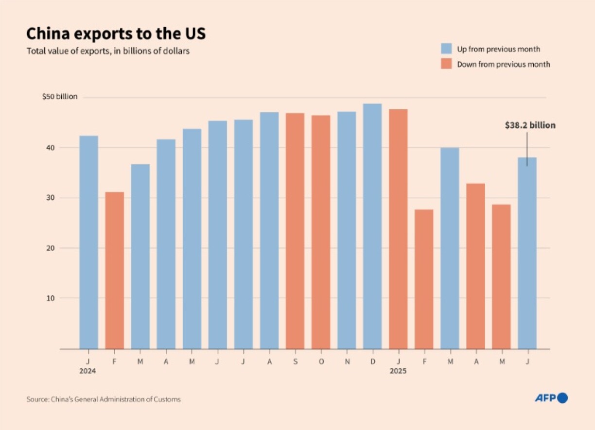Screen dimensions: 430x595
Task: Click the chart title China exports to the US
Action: pos(116,34)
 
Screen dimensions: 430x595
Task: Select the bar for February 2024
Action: pos(114,270)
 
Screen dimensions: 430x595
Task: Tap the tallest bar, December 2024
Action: pos(372,226)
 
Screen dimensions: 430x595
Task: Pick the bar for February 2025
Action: pos(424,279)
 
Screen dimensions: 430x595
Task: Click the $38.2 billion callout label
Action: pos(530,125)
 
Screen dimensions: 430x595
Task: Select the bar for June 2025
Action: pos(527,253)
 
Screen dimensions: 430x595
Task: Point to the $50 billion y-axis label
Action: pos(60,97)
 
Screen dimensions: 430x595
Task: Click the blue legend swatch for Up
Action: pos(446,49)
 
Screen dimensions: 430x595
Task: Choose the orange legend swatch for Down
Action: pos(446,64)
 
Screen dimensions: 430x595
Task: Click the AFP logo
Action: pos(551,398)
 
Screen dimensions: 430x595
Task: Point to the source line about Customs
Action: pos(104,399)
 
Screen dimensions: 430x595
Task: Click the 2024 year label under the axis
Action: pos(88,371)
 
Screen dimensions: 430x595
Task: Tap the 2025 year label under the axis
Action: pos(398,371)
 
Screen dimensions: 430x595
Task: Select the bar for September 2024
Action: pos(295,231)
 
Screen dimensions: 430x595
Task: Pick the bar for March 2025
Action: pos(450,248)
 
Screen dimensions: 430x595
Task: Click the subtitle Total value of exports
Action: pos(108,51)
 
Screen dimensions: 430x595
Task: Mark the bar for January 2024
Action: pos(88,242)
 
